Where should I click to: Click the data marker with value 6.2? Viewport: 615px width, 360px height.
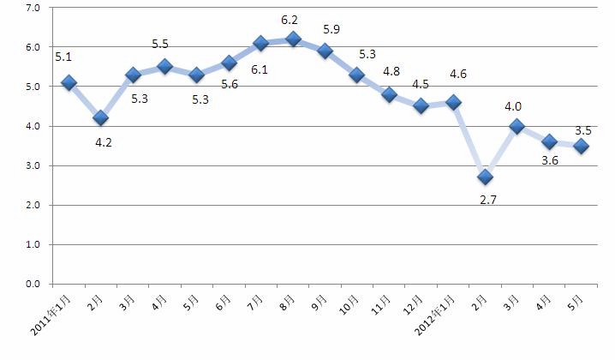point(294,39)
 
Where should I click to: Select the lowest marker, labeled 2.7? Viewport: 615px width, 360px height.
point(485,177)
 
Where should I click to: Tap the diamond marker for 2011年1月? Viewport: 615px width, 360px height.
point(69,82)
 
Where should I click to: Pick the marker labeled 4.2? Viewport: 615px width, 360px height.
point(101,117)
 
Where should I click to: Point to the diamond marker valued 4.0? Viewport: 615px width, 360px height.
point(516,126)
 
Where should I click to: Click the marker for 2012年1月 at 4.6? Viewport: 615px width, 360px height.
point(453,102)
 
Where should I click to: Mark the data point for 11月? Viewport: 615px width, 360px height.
point(390,94)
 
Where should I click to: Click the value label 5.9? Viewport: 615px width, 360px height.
point(331,30)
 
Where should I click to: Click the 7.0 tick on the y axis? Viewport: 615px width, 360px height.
point(34,8)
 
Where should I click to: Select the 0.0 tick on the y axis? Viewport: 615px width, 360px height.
point(34,284)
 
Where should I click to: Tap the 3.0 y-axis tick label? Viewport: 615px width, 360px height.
point(34,165)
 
